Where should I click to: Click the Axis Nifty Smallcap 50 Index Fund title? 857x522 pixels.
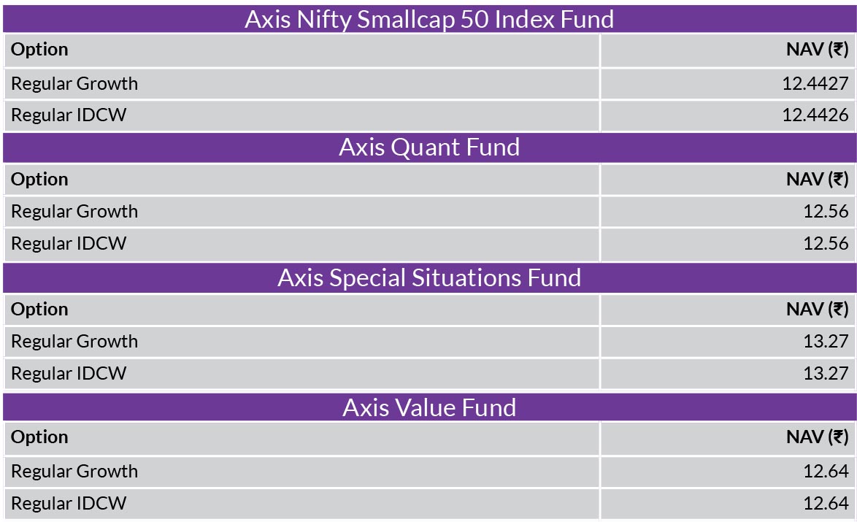(x=429, y=20)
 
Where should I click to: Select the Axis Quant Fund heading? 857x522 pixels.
(x=429, y=147)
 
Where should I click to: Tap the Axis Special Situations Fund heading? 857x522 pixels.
(x=429, y=277)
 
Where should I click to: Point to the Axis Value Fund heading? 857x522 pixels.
(x=429, y=408)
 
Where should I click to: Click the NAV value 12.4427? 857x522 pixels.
(x=815, y=84)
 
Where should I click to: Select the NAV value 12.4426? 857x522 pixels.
(x=815, y=115)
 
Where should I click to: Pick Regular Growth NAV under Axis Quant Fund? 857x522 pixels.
(x=826, y=212)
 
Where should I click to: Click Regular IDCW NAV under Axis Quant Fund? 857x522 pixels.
(x=826, y=243)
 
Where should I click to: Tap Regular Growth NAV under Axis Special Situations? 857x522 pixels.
(x=826, y=341)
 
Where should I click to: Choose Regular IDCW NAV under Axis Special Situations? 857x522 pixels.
(x=826, y=373)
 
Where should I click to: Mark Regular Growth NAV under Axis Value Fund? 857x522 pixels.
(x=826, y=471)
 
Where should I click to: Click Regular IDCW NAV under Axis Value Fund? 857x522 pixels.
(x=826, y=503)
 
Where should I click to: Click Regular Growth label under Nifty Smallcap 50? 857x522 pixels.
(x=74, y=84)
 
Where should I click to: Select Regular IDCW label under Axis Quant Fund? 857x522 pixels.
(x=69, y=243)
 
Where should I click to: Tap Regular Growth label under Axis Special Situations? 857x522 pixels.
(x=74, y=341)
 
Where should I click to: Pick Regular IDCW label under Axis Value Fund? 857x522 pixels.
(x=69, y=503)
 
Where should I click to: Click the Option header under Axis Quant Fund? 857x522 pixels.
(x=39, y=180)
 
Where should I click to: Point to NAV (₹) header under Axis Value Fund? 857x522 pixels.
(x=817, y=437)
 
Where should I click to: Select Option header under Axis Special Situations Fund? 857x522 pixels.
(x=39, y=310)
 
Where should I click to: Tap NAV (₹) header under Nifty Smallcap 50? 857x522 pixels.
(x=817, y=50)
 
